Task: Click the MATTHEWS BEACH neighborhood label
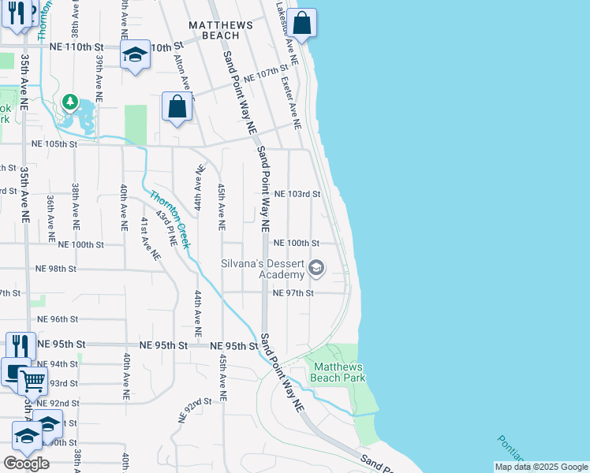[x=221, y=30]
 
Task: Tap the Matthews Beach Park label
[x=338, y=372]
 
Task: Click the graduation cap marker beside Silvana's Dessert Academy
[x=316, y=269]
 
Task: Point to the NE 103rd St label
[x=297, y=194]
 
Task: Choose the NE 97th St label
[x=293, y=293]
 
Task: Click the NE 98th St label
[x=56, y=269]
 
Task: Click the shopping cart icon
[x=33, y=382]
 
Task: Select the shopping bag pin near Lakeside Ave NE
[x=301, y=23]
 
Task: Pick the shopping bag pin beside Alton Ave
[x=177, y=106]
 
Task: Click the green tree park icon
[x=70, y=102]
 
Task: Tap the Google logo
[x=27, y=463]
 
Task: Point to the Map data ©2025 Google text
[x=541, y=467]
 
